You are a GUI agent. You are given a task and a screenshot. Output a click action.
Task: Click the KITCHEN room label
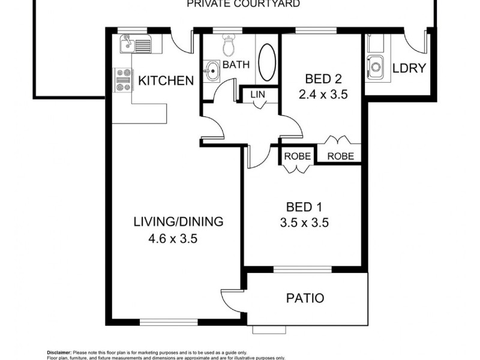(x=166, y=80)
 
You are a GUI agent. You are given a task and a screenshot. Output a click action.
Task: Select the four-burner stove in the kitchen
(x=124, y=80)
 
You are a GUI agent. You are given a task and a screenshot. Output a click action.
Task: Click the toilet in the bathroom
(x=228, y=44)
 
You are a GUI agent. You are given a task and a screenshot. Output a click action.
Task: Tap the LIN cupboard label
(x=257, y=94)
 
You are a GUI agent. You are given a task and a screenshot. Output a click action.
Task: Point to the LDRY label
(x=409, y=68)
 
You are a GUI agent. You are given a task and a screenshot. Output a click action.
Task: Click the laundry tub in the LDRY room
(x=376, y=64)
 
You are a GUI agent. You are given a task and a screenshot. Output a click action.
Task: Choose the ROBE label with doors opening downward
(x=298, y=156)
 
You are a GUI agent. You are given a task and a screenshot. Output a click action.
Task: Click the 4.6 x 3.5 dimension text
(x=173, y=238)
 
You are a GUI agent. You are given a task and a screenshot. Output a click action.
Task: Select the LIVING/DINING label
(x=178, y=221)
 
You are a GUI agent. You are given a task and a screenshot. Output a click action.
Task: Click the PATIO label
(x=304, y=298)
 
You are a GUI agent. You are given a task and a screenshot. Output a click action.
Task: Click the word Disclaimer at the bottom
(x=59, y=352)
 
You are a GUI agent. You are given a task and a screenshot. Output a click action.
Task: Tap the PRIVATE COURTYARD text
(x=243, y=4)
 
